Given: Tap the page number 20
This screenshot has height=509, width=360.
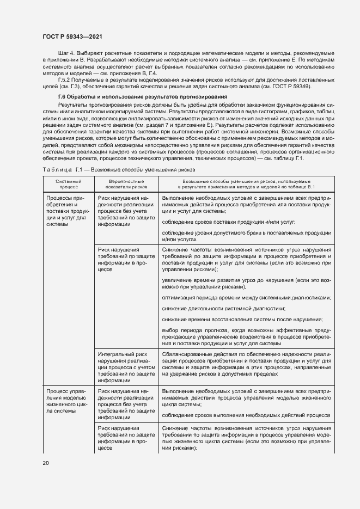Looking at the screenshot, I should [46, 463].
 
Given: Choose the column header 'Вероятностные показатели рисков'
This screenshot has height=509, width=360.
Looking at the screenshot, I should [126, 183].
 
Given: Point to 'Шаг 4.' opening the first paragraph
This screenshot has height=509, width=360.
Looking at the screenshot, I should [58, 54].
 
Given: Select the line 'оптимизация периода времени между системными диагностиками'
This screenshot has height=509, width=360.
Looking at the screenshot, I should [246, 298].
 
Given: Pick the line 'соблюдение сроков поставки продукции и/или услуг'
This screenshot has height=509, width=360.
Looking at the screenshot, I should [229, 222].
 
